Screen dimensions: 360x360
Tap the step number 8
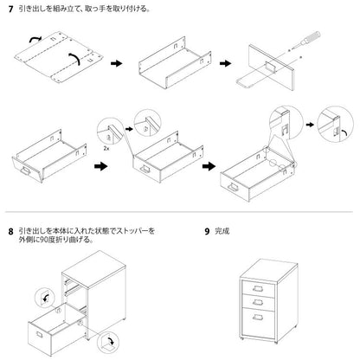(10, 233)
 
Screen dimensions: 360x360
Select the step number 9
(207, 233)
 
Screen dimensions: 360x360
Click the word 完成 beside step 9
(222, 233)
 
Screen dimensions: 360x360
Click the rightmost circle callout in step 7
(331, 125)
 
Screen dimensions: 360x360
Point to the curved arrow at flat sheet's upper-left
(33, 39)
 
